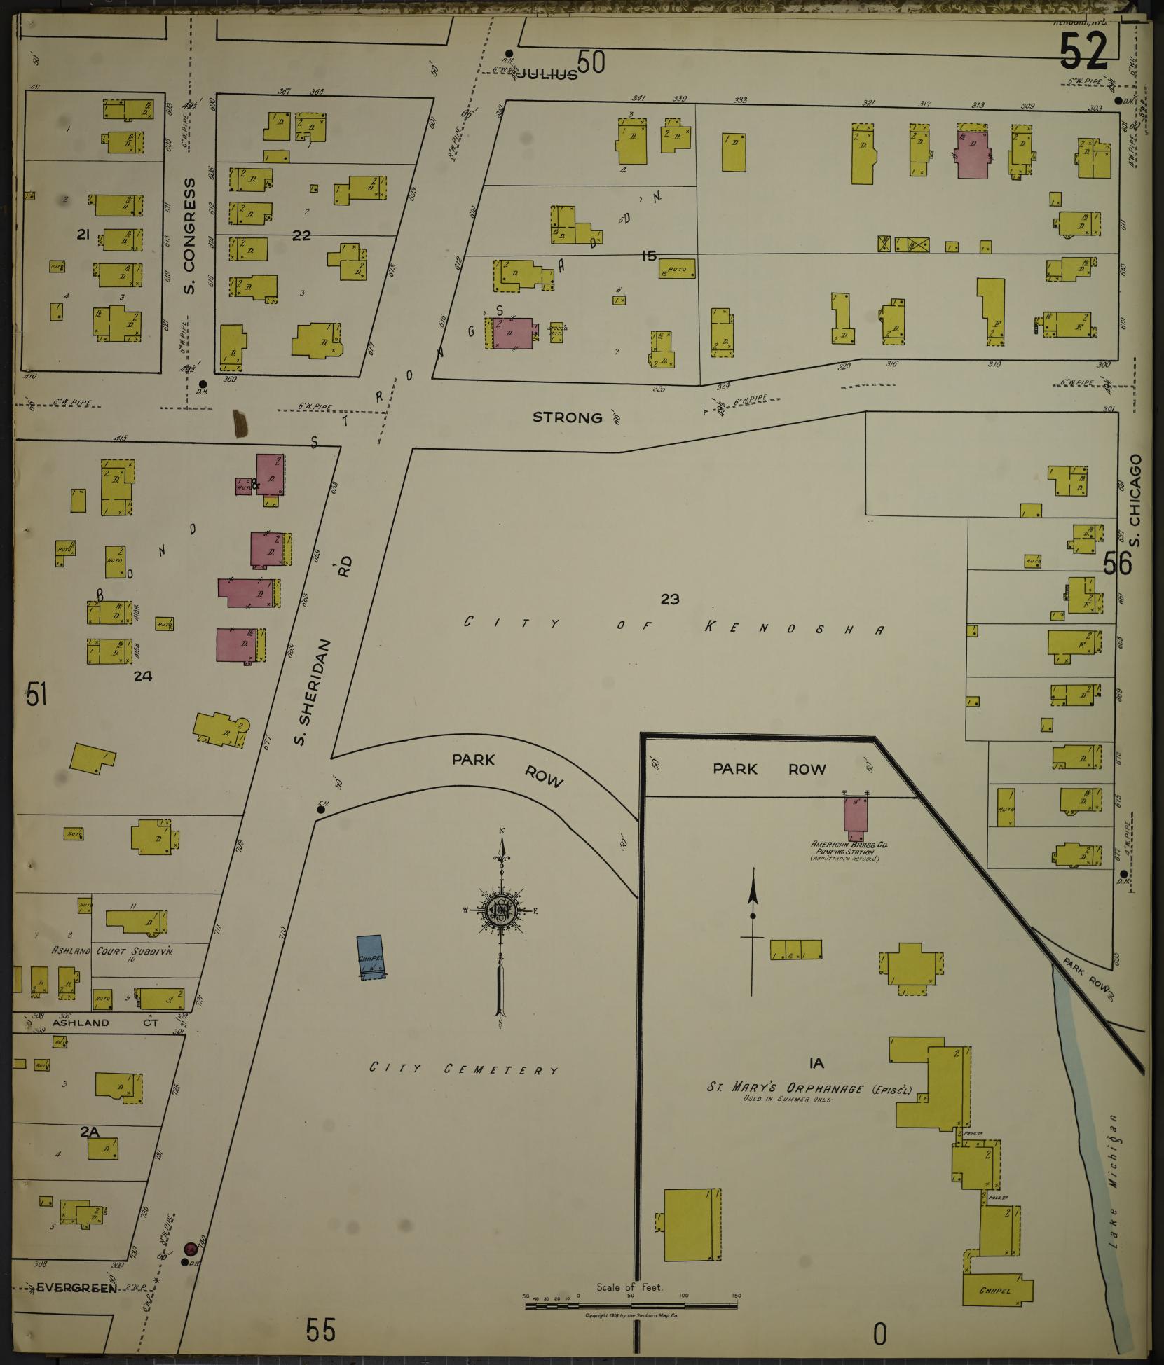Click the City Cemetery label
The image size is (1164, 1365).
[x=465, y=1069]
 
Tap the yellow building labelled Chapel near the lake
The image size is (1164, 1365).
[x=997, y=1289]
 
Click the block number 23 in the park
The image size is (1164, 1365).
[x=670, y=599]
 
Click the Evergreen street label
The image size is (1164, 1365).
[x=76, y=1287]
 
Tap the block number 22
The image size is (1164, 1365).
[x=301, y=235]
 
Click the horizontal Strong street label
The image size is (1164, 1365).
[x=567, y=417]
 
